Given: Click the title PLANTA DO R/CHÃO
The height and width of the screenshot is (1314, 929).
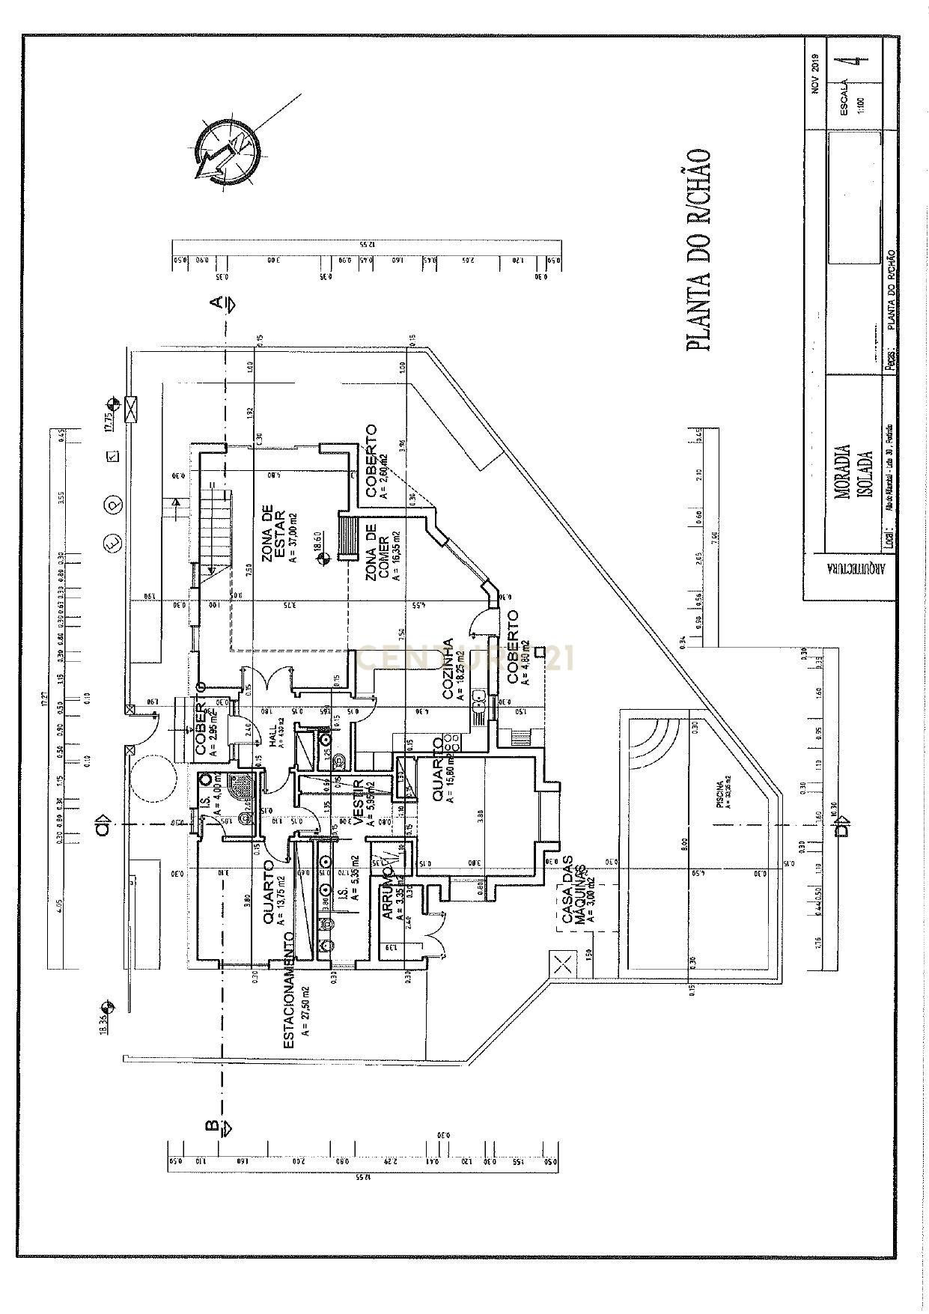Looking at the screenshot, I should (x=698, y=251).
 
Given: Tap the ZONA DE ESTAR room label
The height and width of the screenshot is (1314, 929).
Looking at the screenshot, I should (x=272, y=535).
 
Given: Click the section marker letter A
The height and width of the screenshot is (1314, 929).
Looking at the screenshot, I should (x=215, y=302).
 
